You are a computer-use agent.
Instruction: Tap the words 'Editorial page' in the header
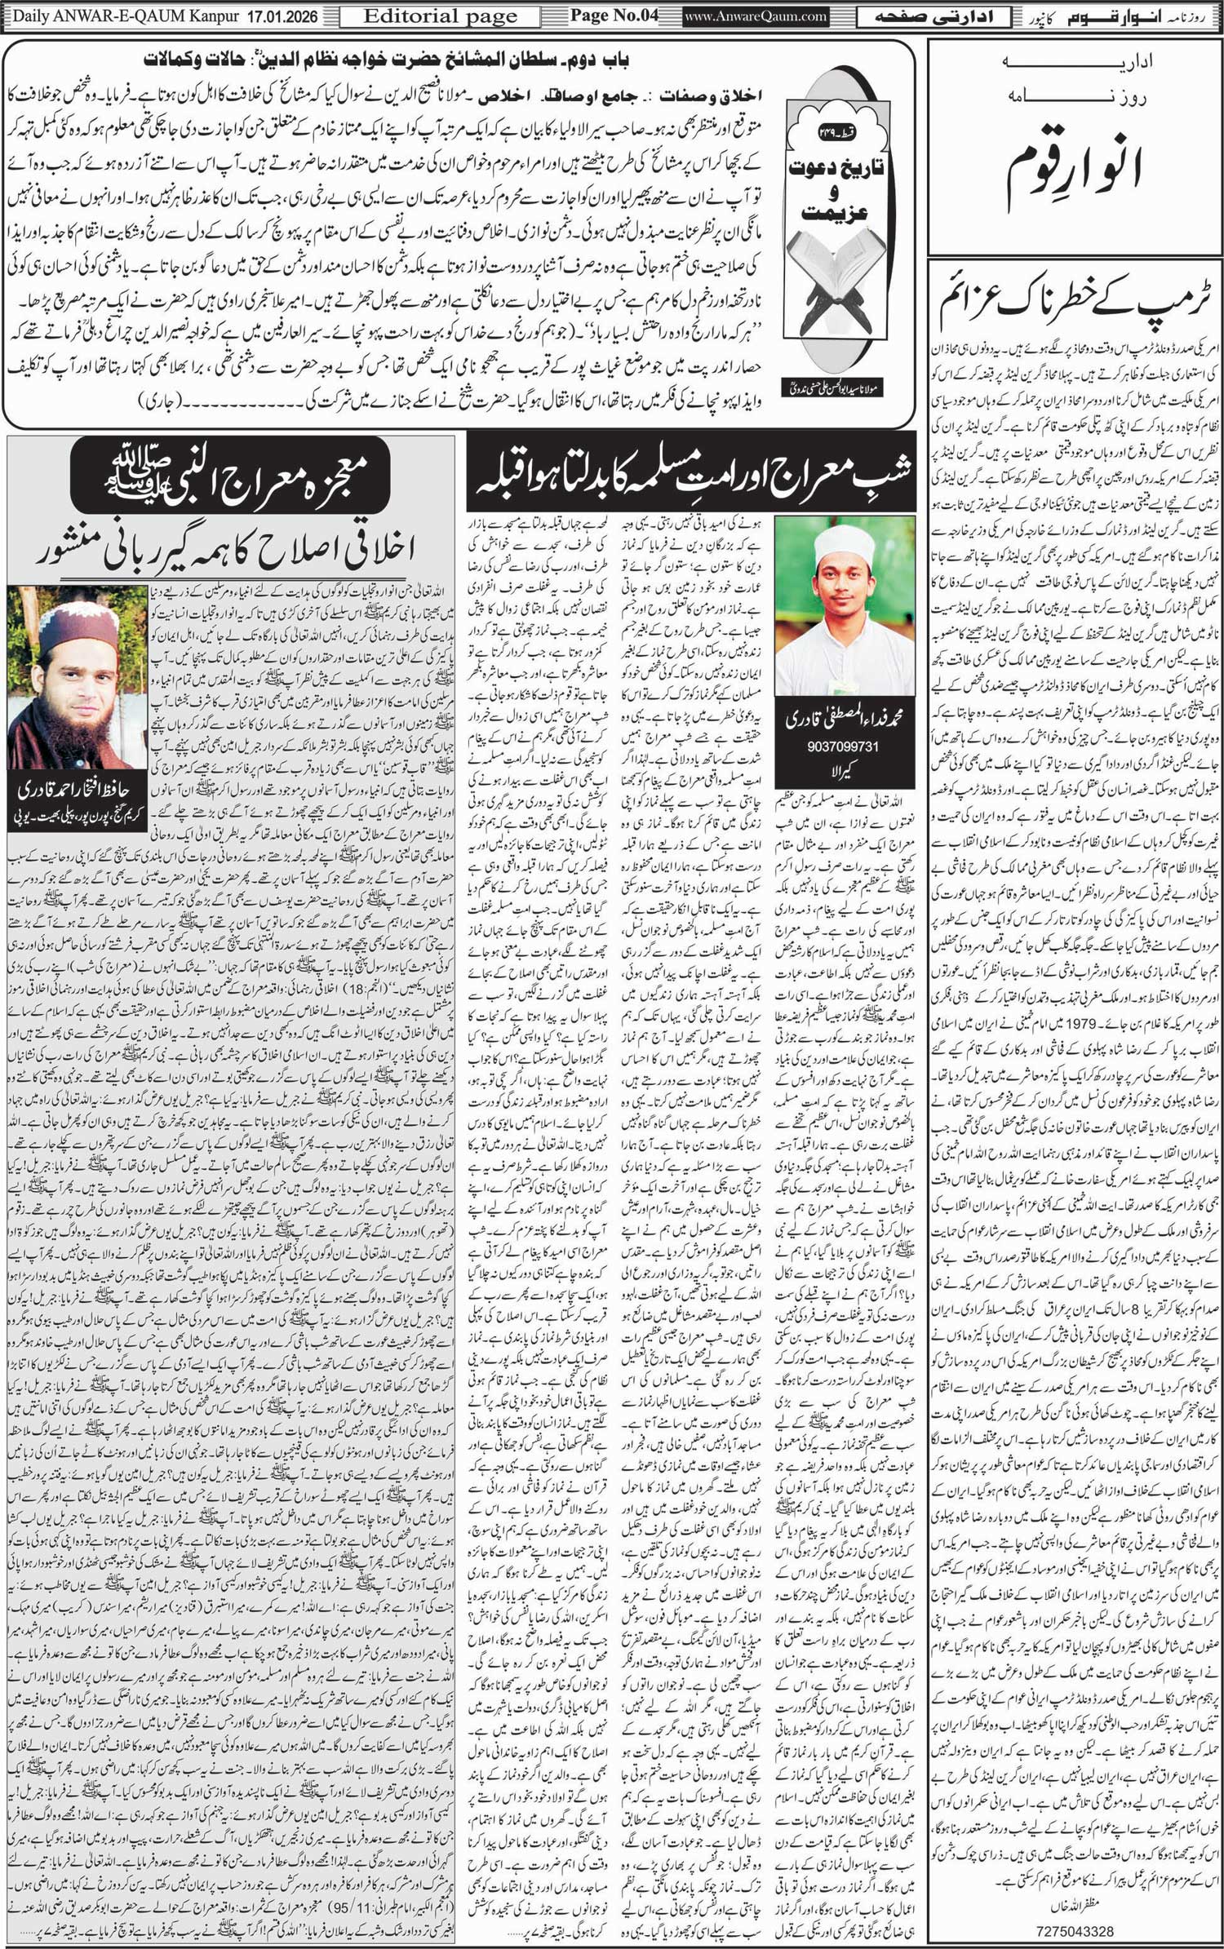[x=440, y=16]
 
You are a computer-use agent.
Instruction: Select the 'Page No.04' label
[x=614, y=16]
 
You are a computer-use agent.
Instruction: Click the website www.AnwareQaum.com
[x=755, y=16]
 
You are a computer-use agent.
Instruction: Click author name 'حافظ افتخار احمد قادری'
[x=78, y=789]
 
